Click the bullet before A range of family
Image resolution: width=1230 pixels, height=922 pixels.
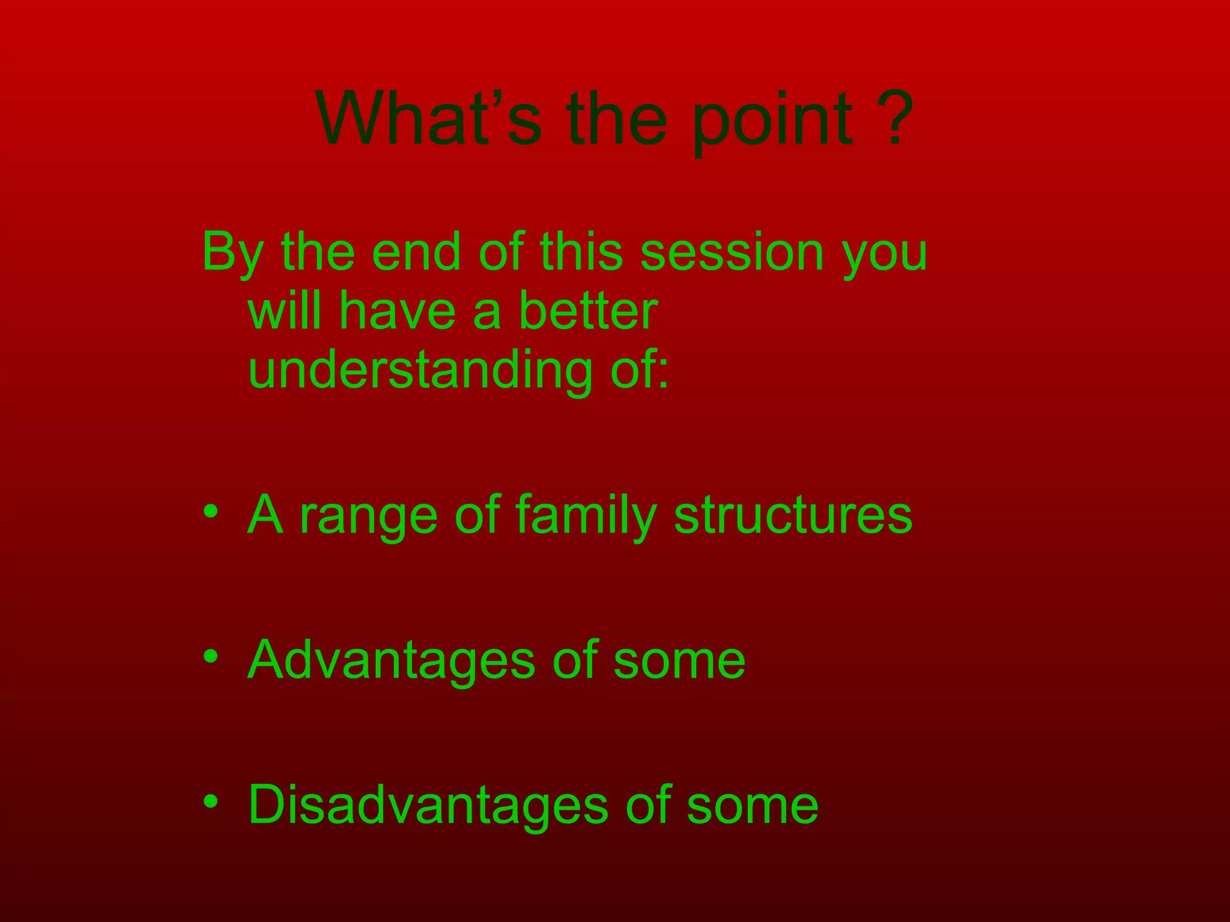[x=210, y=511]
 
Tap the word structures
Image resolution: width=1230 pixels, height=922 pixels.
[x=792, y=515]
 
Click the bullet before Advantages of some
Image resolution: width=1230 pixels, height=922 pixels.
[x=210, y=657]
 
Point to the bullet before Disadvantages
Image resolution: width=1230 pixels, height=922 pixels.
[x=210, y=802]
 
